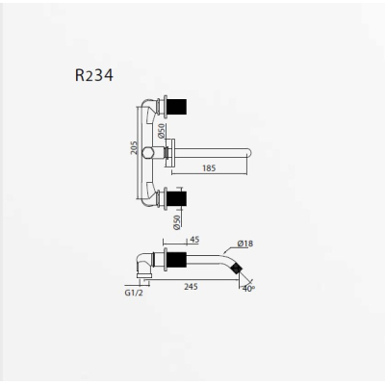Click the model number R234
(x=94, y=76)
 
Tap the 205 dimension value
(x=134, y=148)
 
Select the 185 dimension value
(x=209, y=168)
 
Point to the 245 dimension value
(x=191, y=286)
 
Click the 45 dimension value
(x=194, y=240)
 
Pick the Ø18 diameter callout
(x=245, y=244)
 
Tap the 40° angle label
(x=248, y=289)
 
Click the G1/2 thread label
(x=134, y=293)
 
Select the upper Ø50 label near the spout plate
(x=162, y=131)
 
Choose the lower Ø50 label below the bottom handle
(x=177, y=222)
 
